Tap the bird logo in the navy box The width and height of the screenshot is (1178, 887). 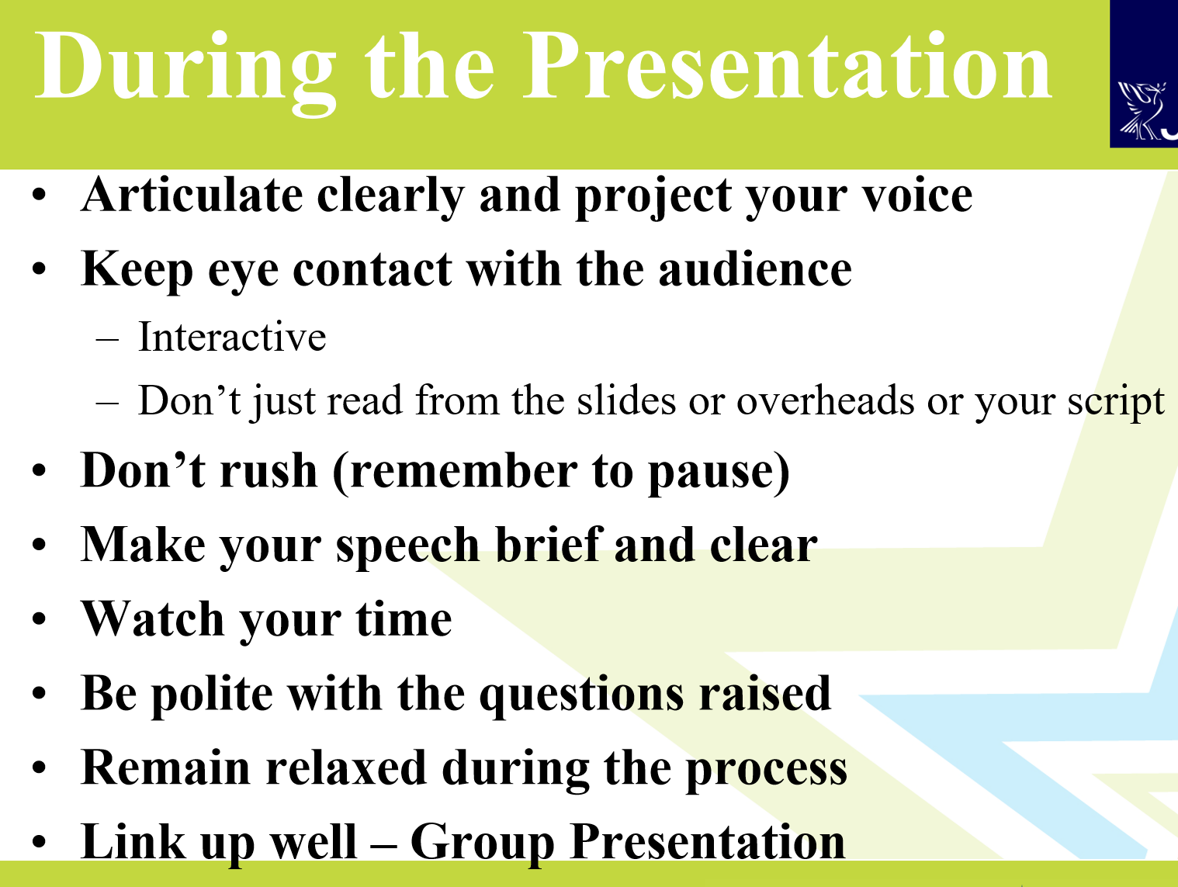[1141, 110]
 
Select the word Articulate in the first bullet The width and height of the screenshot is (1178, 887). [192, 195]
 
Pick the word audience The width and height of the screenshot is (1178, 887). [755, 269]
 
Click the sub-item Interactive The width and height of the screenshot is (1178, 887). [232, 337]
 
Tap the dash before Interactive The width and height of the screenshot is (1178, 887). [107, 340]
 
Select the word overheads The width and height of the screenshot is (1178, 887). [825, 400]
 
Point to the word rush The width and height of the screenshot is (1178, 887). [269, 470]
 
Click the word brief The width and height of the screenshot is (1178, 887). [548, 544]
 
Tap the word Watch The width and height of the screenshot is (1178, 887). [152, 618]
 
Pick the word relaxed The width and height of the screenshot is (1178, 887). [345, 767]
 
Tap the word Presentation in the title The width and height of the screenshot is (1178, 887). [787, 67]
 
